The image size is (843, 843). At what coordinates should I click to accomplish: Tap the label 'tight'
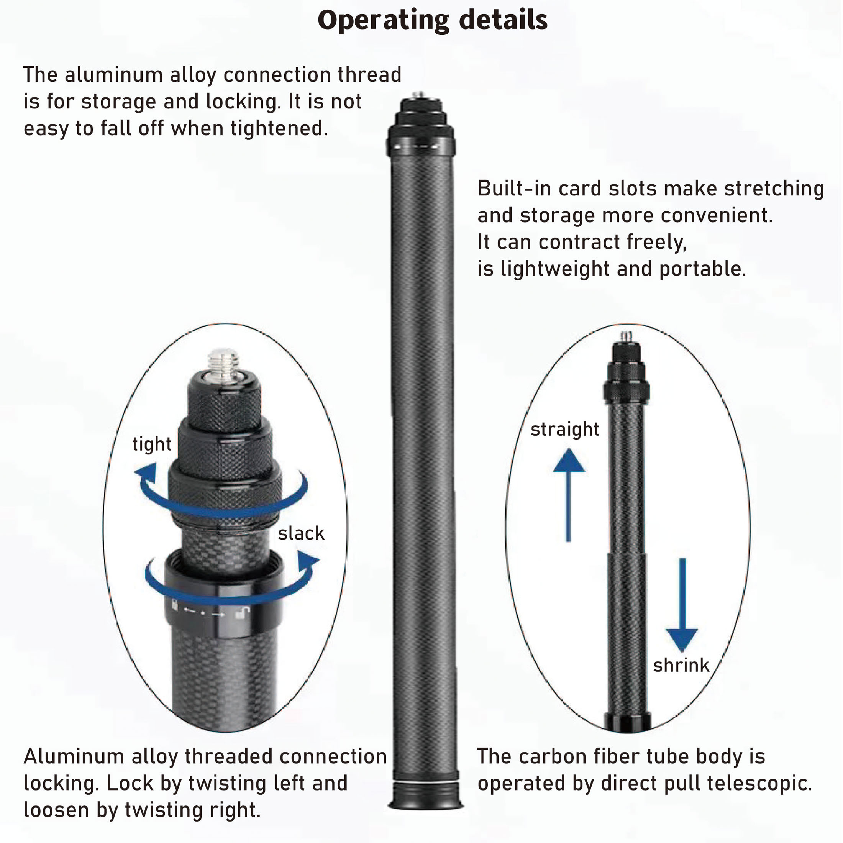click(152, 444)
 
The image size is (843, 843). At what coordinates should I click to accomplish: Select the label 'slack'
click(302, 533)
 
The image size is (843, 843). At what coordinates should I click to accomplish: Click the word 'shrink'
click(681, 665)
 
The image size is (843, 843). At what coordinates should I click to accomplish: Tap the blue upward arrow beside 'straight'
click(568, 495)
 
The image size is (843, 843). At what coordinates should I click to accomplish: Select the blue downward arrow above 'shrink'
click(682, 605)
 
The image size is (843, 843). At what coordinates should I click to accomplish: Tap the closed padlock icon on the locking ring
click(174, 606)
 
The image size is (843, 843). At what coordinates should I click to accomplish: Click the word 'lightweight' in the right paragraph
click(554, 269)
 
